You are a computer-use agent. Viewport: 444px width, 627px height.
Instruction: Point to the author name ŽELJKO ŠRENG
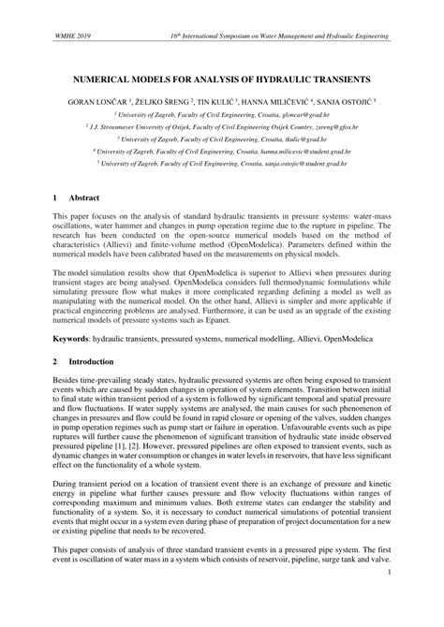point(163,97)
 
